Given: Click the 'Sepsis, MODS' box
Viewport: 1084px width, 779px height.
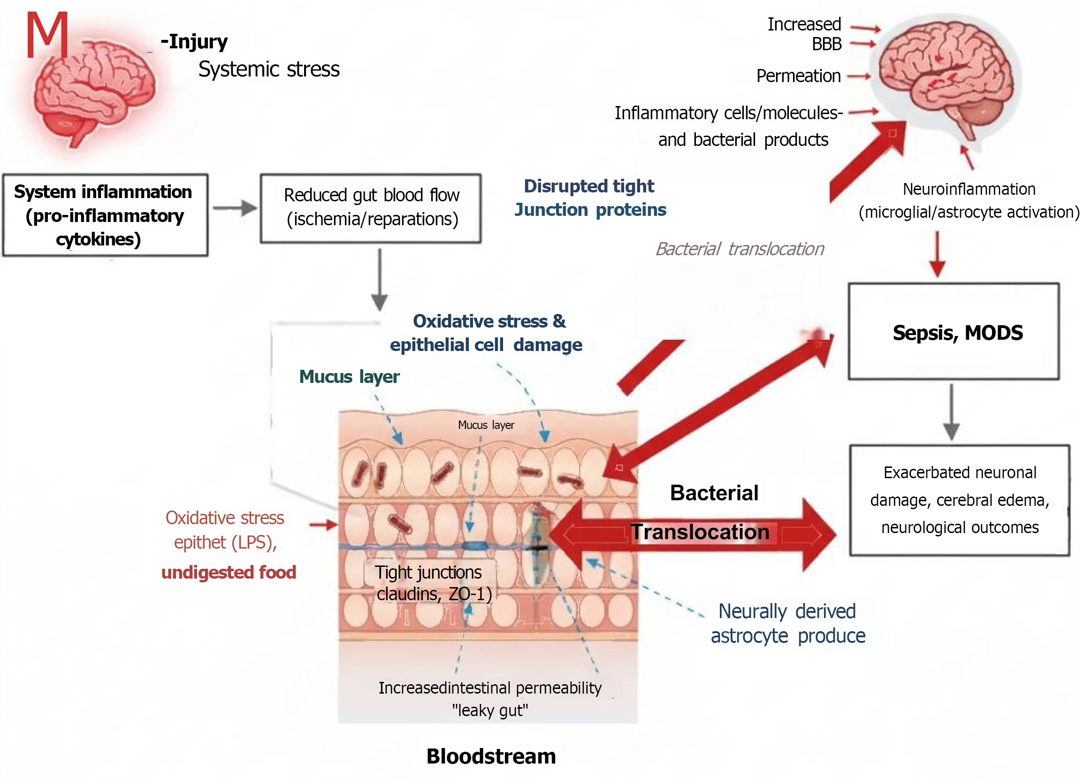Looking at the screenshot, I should coord(953,332).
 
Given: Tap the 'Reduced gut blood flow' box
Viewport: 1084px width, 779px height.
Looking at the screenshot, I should coord(370,208).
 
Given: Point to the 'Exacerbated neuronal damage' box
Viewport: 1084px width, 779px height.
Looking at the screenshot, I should coord(959,500).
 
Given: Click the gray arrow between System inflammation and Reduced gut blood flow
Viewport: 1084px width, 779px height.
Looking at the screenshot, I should coord(235,208).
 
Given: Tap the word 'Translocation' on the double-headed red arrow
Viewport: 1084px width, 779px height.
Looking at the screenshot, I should coord(700,532).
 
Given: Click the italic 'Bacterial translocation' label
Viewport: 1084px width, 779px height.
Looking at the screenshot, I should coord(740,249).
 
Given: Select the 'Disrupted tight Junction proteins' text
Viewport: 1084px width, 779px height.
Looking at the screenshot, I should coord(590,198).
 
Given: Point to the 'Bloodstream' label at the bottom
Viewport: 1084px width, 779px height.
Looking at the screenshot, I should coord(491,756).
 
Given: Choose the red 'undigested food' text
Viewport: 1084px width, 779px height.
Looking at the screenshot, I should coord(229,572).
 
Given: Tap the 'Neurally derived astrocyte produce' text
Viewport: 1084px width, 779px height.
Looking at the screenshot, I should coord(787,623).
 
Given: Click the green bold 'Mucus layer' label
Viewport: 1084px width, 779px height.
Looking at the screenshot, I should coord(349,377).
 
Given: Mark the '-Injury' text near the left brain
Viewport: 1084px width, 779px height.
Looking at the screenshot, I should coord(194,42).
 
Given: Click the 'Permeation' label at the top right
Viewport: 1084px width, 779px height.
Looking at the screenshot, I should coord(798,76).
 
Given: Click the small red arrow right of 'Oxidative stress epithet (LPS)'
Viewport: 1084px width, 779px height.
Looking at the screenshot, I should coord(323,524).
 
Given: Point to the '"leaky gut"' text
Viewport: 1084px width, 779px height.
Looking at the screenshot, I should coord(490,710).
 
